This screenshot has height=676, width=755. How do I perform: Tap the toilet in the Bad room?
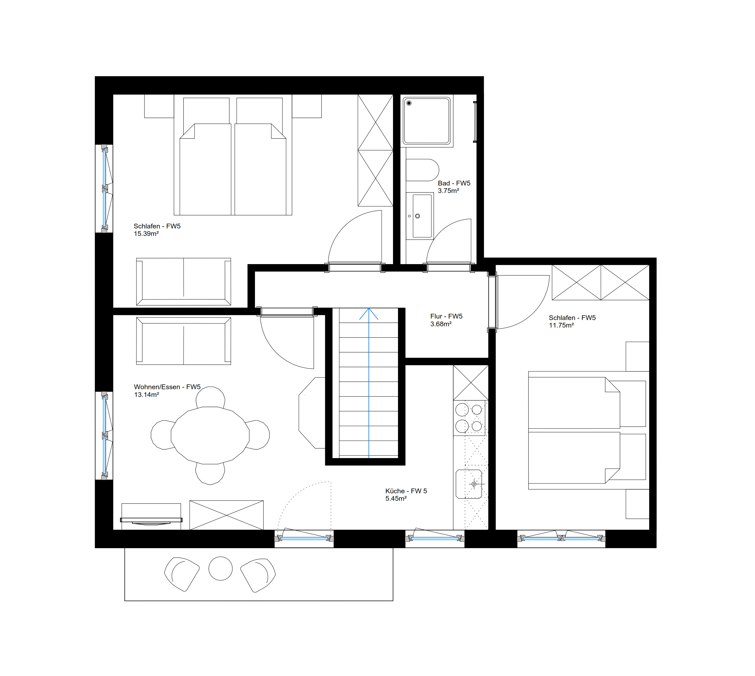(x=422, y=170)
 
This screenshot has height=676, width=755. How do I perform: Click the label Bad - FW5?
(x=454, y=183)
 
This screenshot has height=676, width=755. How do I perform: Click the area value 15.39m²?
(x=146, y=234)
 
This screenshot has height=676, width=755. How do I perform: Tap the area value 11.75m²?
(x=561, y=325)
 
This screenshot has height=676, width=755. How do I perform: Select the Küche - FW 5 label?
(x=406, y=491)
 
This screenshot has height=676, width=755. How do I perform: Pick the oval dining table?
(x=210, y=435)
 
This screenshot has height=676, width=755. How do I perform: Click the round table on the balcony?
(x=220, y=568)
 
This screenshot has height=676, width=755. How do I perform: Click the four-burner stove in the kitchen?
(x=469, y=418)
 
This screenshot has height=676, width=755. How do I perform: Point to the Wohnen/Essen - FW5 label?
(x=167, y=387)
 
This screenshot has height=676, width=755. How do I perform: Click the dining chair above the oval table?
(x=210, y=397)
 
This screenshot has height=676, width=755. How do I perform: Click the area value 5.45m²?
(x=396, y=499)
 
